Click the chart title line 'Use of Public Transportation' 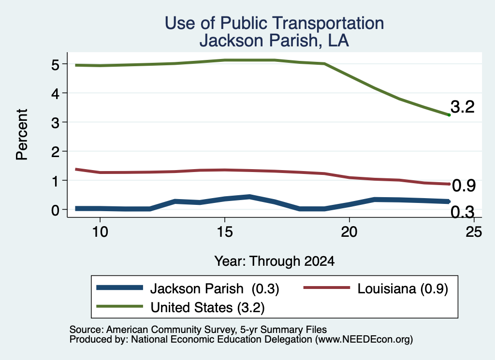point(275,23)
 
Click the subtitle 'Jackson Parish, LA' point(275,41)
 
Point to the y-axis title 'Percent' point(22,135)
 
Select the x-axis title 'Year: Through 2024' point(275,261)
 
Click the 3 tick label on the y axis point(55,122)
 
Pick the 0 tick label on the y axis point(55,210)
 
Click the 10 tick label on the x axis point(100,232)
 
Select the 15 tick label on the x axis point(225,232)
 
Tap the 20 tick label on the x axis point(349,232)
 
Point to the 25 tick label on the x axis point(474,232)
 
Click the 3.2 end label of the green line point(463,107)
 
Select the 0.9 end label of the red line point(464,186)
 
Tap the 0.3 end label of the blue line point(463,212)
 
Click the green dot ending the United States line point(449,115)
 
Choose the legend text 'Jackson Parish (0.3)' point(215,288)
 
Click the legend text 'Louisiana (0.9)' point(403,288)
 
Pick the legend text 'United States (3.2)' point(207,307)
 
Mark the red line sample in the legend point(327,288)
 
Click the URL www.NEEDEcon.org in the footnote point(364,339)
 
